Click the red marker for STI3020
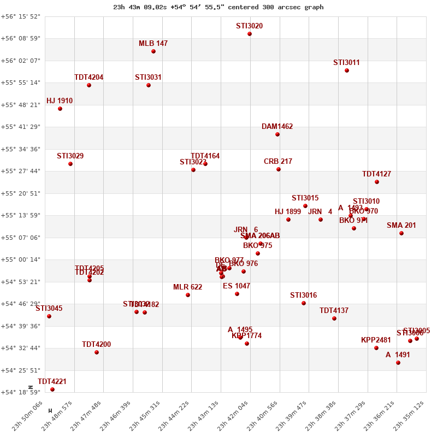pos(250,34)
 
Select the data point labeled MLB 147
pos(153,51)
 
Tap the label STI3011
pos(346,63)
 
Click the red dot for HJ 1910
pos(60,109)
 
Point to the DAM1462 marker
pos(277,134)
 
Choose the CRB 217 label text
pos(278,162)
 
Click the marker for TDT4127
pos(377,182)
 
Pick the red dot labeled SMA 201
pos(401,233)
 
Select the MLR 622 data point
pos(188,295)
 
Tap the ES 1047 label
pos(237,286)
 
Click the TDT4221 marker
pos(52,389)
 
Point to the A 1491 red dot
pos(398,363)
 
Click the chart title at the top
pos(218,7)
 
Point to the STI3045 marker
pos(49,316)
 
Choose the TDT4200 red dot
pos(97,352)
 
